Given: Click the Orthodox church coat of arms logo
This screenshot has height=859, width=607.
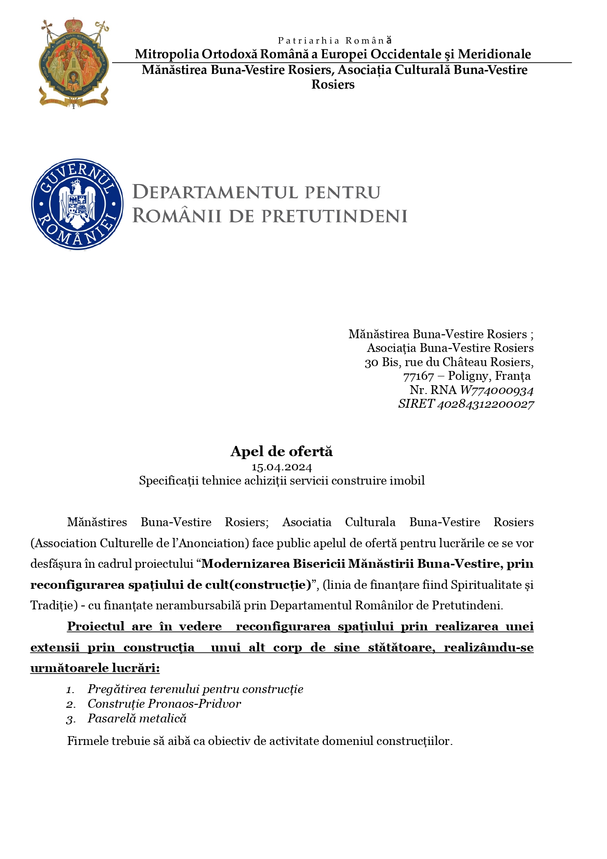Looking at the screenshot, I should pyautogui.click(x=74, y=63).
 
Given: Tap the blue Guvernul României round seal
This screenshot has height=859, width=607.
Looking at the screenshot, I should pyautogui.click(x=77, y=204).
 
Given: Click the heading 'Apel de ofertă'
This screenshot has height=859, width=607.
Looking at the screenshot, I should pyautogui.click(x=281, y=451).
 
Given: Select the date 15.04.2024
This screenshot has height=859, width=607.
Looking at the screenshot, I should pyautogui.click(x=281, y=467).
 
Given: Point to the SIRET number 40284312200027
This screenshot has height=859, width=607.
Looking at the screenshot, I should pyautogui.click(x=485, y=404).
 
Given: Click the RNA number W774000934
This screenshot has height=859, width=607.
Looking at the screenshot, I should pyautogui.click(x=496, y=390).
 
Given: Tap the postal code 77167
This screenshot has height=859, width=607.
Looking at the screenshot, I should pyautogui.click(x=419, y=376).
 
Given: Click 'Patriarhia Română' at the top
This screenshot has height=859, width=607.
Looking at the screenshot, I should pyautogui.click(x=335, y=41).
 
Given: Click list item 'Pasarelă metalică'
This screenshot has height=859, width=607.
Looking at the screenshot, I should pyautogui.click(x=137, y=719).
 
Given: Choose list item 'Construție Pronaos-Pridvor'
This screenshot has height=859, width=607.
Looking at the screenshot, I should pyautogui.click(x=164, y=704).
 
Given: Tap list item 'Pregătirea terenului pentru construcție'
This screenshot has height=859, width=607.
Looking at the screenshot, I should pyautogui.click(x=195, y=689).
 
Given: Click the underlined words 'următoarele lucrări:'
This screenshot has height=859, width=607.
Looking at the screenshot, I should pyautogui.click(x=95, y=668).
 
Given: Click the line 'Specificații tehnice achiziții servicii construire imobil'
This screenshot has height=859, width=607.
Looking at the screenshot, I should pyautogui.click(x=281, y=481).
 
